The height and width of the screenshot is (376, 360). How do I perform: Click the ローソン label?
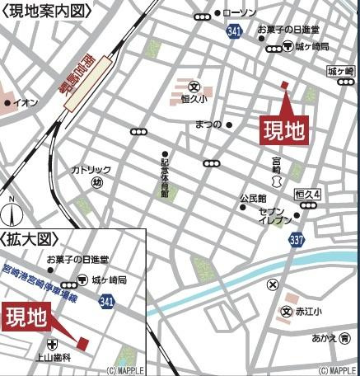point(241,13)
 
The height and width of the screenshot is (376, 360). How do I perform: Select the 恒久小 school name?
point(194,97)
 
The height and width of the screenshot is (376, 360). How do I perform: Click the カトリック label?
point(91,169)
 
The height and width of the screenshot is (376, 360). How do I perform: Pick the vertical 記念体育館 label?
point(165,176)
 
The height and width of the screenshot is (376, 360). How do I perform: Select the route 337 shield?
point(297,239)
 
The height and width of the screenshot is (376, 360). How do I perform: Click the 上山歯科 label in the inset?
point(54,358)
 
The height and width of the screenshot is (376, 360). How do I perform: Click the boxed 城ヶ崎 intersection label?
point(339,72)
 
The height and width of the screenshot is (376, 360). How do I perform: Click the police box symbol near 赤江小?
point(272,285)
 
